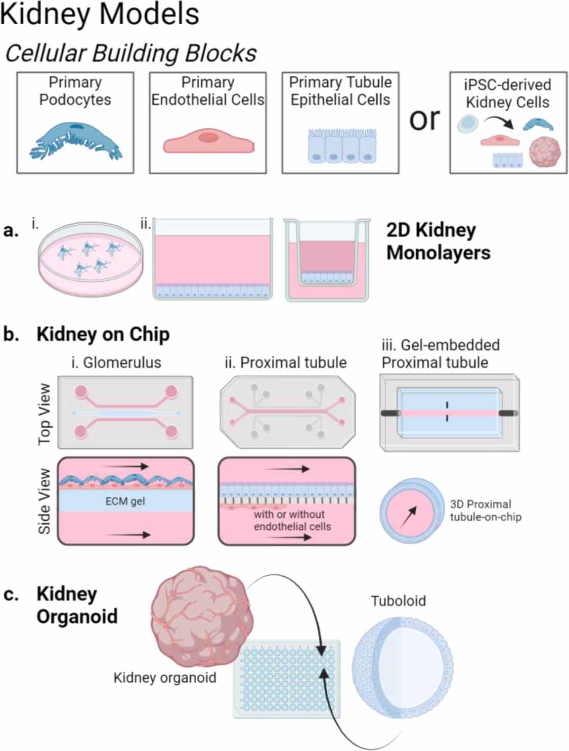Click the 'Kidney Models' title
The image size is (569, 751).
pyautogui.click(x=100, y=14)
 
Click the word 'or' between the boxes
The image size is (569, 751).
pyautogui.click(x=424, y=119)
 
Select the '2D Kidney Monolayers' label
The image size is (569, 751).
pyautogui.click(x=438, y=241)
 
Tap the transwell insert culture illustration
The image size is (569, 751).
pyautogui.click(x=327, y=261)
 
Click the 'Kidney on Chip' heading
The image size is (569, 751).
pyautogui.click(x=103, y=334)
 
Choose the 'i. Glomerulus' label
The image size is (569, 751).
pyautogui.click(x=116, y=362)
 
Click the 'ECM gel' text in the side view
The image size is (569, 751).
pyautogui.click(x=125, y=501)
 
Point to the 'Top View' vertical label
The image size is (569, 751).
pyautogui.click(x=45, y=414)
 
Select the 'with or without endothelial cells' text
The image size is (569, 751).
pyautogui.click(x=292, y=520)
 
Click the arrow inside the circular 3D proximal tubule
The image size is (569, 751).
pyautogui.click(x=409, y=517)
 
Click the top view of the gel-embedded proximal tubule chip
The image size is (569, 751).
pyautogui.click(x=449, y=413)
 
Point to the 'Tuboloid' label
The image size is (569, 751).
pyautogui.click(x=398, y=600)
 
